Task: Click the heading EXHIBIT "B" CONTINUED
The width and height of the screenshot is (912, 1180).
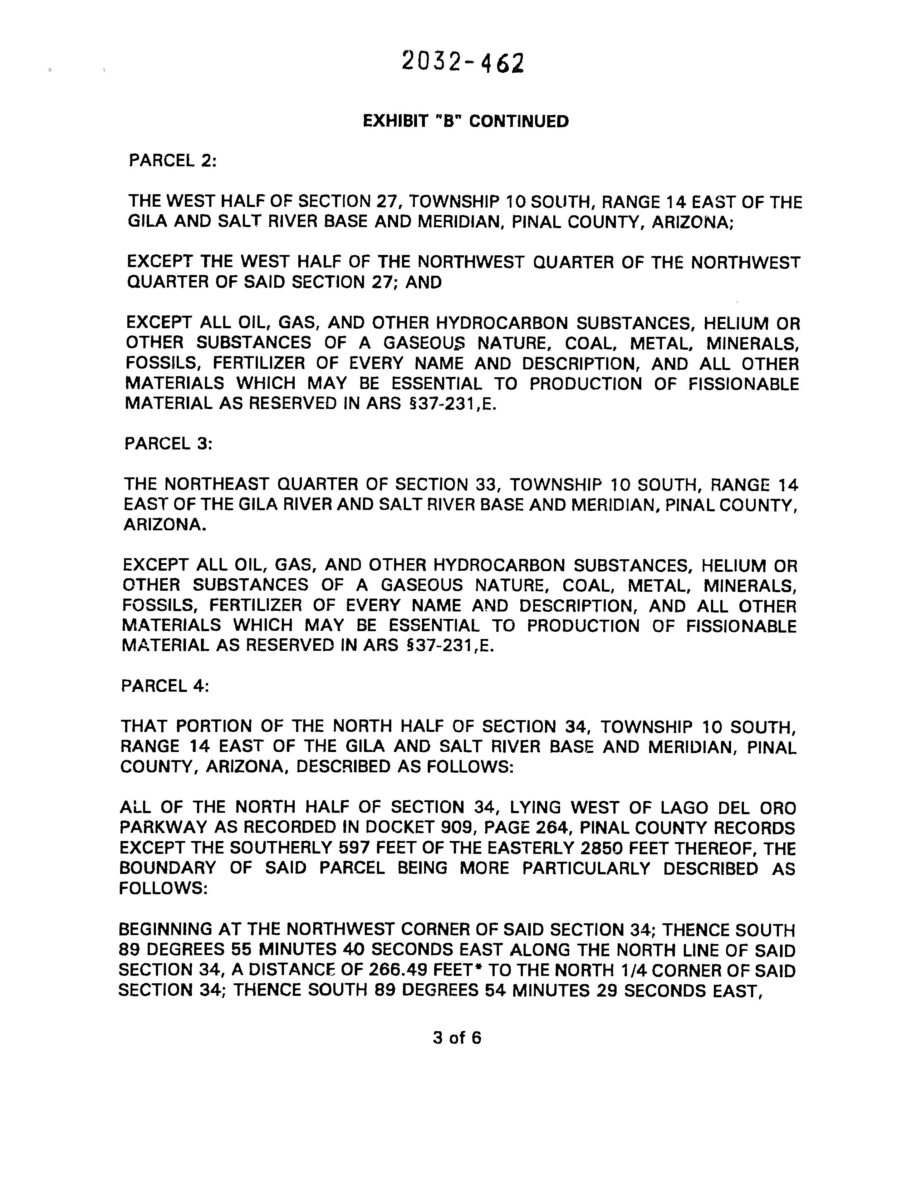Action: click(x=465, y=121)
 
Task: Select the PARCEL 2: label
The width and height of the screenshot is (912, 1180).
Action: click(x=172, y=161)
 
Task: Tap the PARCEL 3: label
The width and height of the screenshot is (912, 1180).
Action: click(x=168, y=444)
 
